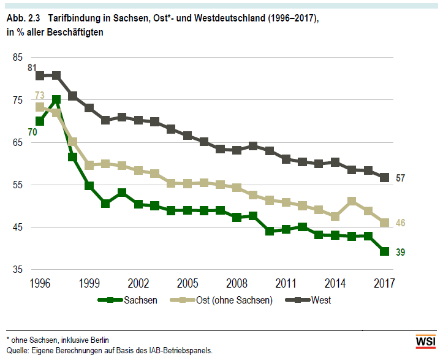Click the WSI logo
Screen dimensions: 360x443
426,341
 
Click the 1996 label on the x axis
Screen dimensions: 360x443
40,285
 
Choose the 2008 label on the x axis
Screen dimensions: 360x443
237,285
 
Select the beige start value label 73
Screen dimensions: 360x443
40,95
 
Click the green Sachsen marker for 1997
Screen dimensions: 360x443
56,99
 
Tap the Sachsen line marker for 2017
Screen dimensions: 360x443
385,251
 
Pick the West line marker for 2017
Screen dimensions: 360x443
385,177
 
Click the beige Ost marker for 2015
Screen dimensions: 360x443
352,201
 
